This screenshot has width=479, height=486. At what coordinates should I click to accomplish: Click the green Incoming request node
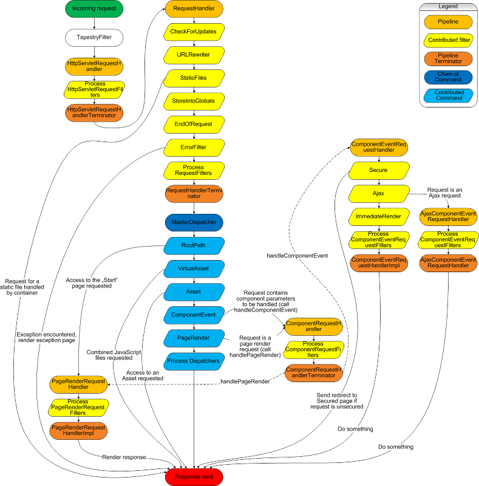click(94, 9)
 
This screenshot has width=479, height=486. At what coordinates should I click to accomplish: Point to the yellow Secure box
click(378, 171)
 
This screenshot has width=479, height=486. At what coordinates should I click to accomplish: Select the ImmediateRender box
click(378, 216)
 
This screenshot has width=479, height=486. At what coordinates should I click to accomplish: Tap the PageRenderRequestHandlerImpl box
click(79, 431)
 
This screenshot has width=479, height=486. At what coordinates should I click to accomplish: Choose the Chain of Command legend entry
click(448, 77)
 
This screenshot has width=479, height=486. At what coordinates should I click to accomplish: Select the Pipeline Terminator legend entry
click(448, 58)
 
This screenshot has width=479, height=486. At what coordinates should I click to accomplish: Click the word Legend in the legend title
click(448, 6)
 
